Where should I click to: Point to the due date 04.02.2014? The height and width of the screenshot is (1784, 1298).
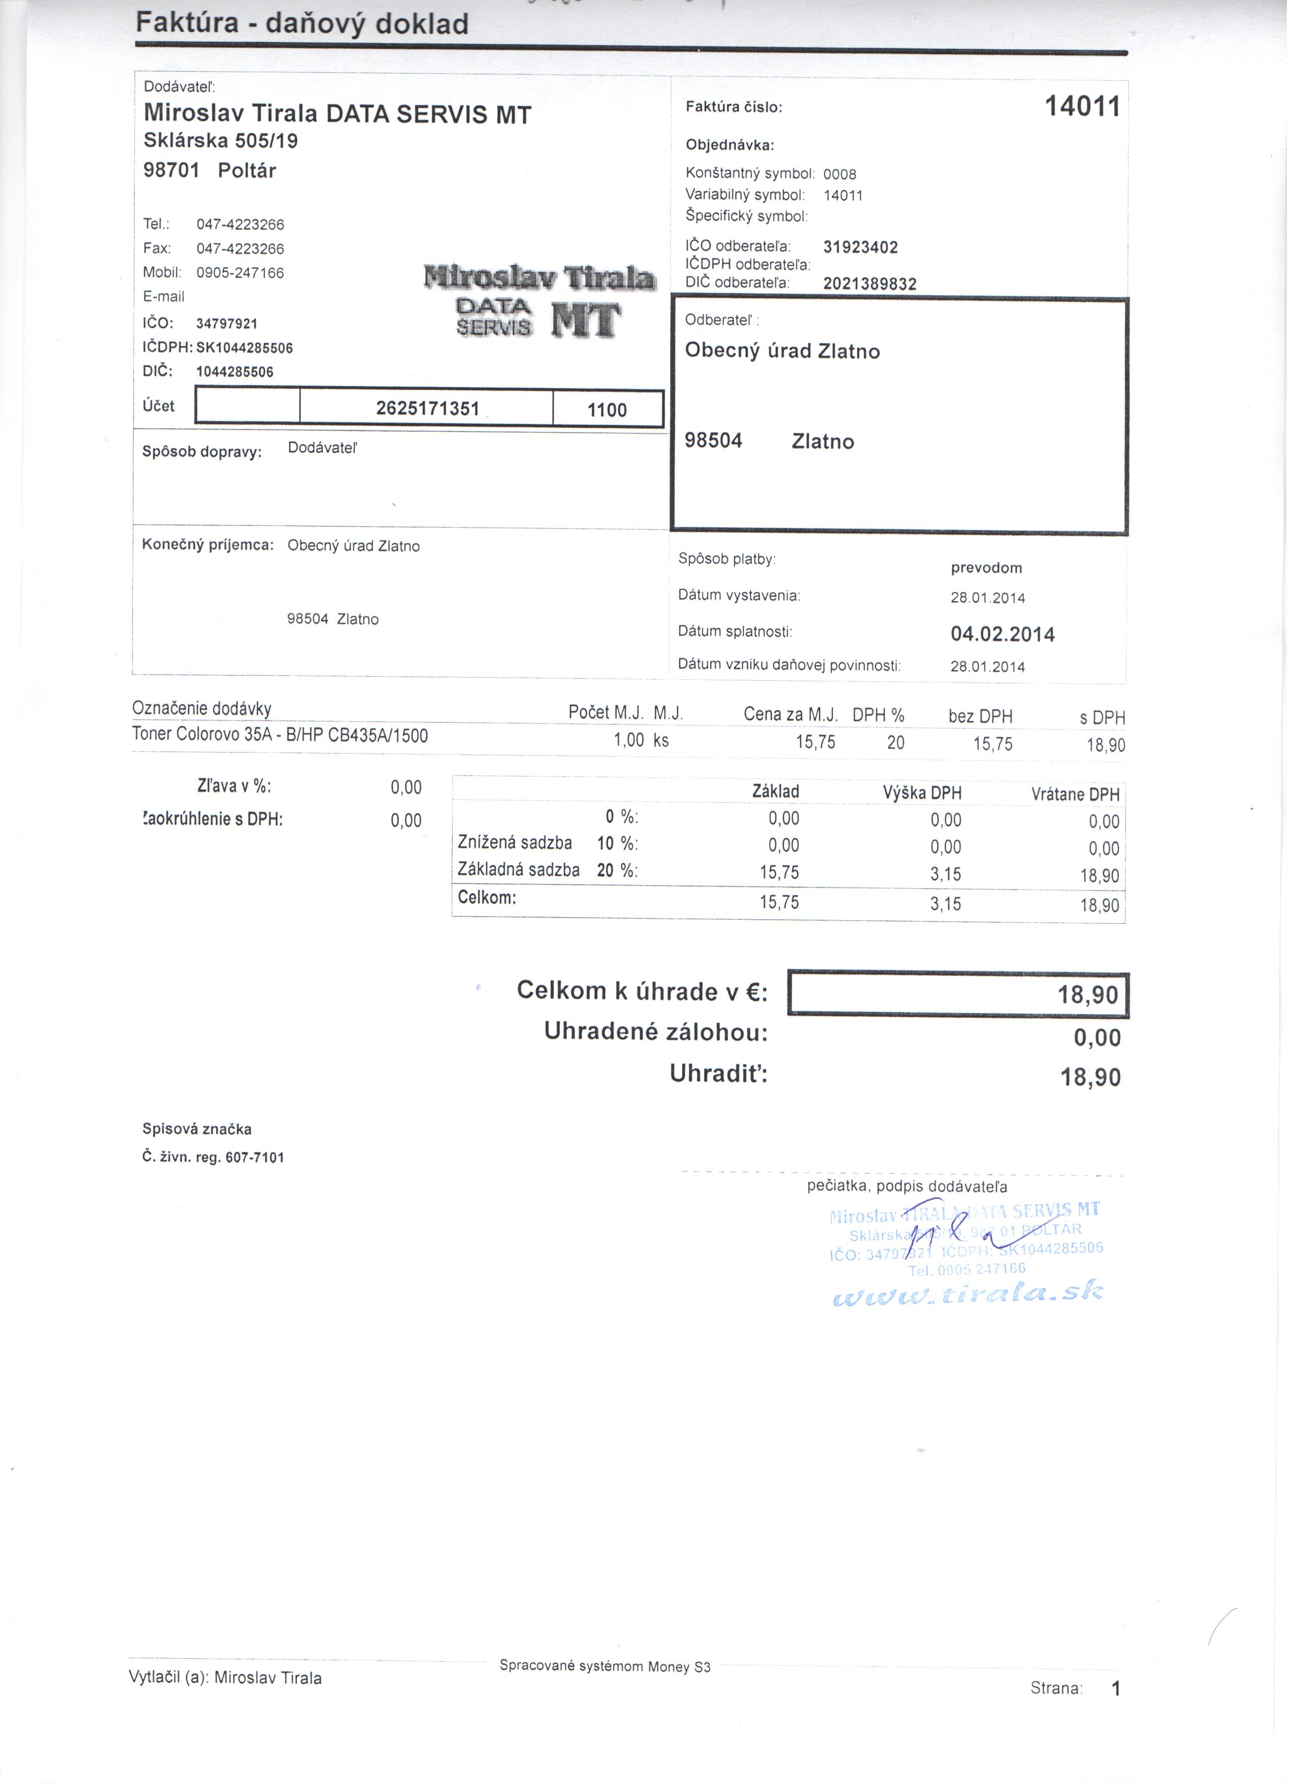[x=1002, y=634]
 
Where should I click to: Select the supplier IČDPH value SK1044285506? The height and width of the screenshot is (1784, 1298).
[x=244, y=348]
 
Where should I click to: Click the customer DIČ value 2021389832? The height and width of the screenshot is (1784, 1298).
[x=869, y=284]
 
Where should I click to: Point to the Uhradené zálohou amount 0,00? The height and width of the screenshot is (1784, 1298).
[x=1096, y=1038]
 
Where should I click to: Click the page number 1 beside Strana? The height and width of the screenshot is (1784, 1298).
[x=1115, y=1688]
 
